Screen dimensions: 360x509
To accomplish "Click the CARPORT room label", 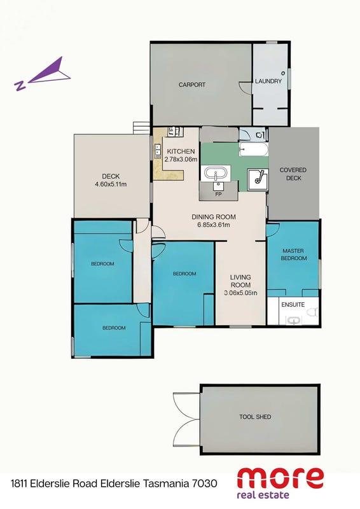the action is [x=192, y=85].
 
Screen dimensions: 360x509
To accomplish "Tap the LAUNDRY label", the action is [x=268, y=81].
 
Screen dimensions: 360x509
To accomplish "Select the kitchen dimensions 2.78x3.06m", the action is [x=181, y=159].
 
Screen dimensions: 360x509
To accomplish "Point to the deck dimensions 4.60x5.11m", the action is [x=111, y=185].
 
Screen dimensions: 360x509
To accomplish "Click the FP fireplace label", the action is [x=218, y=195].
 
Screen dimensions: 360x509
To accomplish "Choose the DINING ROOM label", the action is [x=214, y=217].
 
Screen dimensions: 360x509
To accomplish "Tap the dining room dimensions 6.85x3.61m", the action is [x=214, y=225].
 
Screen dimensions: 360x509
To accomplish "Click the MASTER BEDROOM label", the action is [x=293, y=254].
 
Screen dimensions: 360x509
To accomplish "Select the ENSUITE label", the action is [x=293, y=305].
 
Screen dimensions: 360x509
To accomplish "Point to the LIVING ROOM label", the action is [x=240, y=281].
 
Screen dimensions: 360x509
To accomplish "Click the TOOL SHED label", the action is [x=255, y=417].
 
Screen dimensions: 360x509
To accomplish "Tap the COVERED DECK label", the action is [x=293, y=174].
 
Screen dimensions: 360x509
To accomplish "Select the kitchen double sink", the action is [x=158, y=151].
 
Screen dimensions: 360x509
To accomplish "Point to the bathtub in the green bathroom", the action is [x=254, y=150].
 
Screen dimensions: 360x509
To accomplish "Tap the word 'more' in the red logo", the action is [x=280, y=478].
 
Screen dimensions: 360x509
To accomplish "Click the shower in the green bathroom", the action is [x=258, y=179].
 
